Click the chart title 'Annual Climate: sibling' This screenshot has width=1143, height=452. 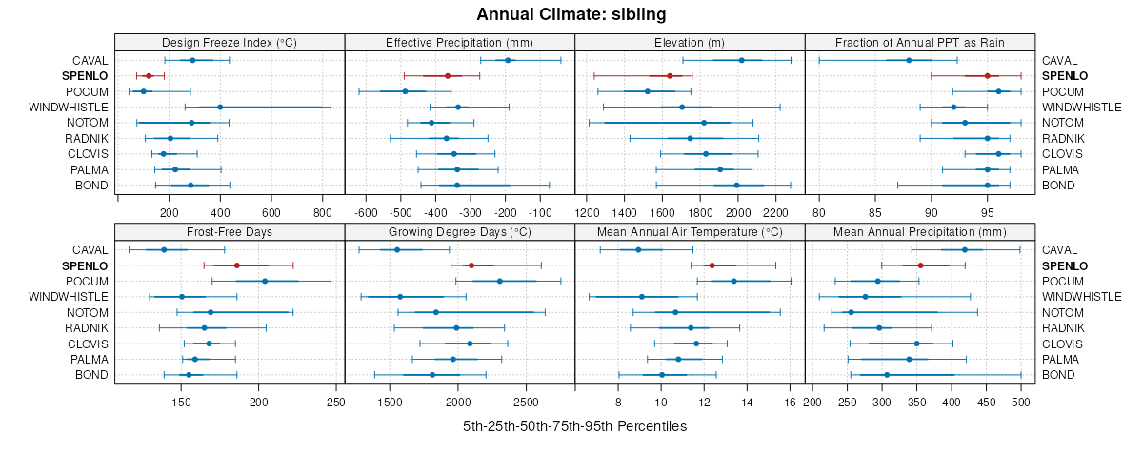pyautogui.click(x=571, y=14)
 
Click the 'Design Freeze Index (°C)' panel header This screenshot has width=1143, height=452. pyautogui.click(x=230, y=42)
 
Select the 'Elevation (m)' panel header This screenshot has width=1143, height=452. pyautogui.click(x=690, y=42)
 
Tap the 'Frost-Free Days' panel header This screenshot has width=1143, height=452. pyautogui.click(x=230, y=231)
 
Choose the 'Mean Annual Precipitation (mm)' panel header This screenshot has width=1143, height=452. pyautogui.click(x=919, y=231)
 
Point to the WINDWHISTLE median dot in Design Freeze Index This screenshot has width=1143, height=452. pyautogui.click(x=220, y=107)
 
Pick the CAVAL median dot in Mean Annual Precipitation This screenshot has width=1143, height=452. pyautogui.click(x=965, y=249)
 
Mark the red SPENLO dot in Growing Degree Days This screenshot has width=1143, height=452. pyautogui.click(x=471, y=265)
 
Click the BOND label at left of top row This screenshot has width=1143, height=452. pyautogui.click(x=91, y=185)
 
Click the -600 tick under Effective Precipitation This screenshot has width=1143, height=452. pyautogui.click(x=365, y=212)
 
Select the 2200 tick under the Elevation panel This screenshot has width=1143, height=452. pyautogui.click(x=776, y=212)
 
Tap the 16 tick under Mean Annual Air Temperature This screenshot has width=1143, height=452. pyautogui.click(x=791, y=402)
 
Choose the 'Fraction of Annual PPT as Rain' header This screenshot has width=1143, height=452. pyautogui.click(x=919, y=42)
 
